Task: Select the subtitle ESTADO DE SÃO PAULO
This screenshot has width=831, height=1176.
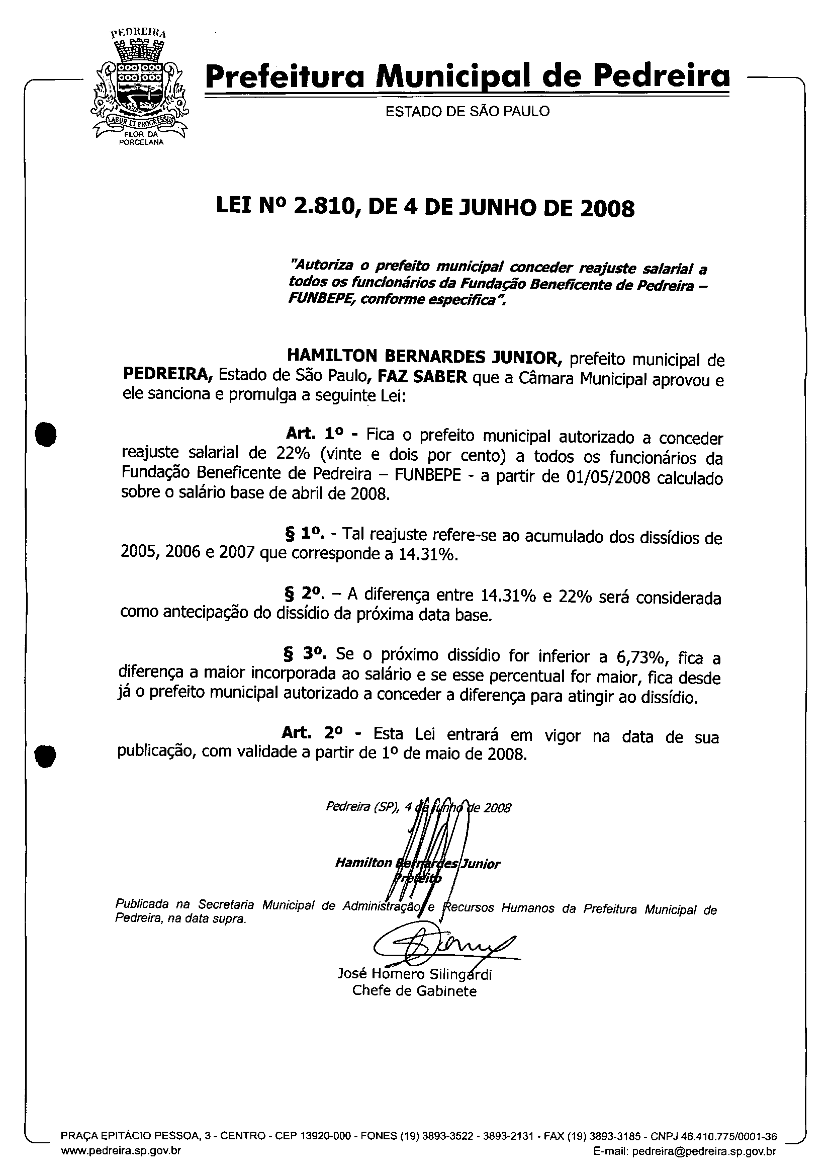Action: point(467,111)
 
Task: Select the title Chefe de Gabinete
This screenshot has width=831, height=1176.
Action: point(414,991)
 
